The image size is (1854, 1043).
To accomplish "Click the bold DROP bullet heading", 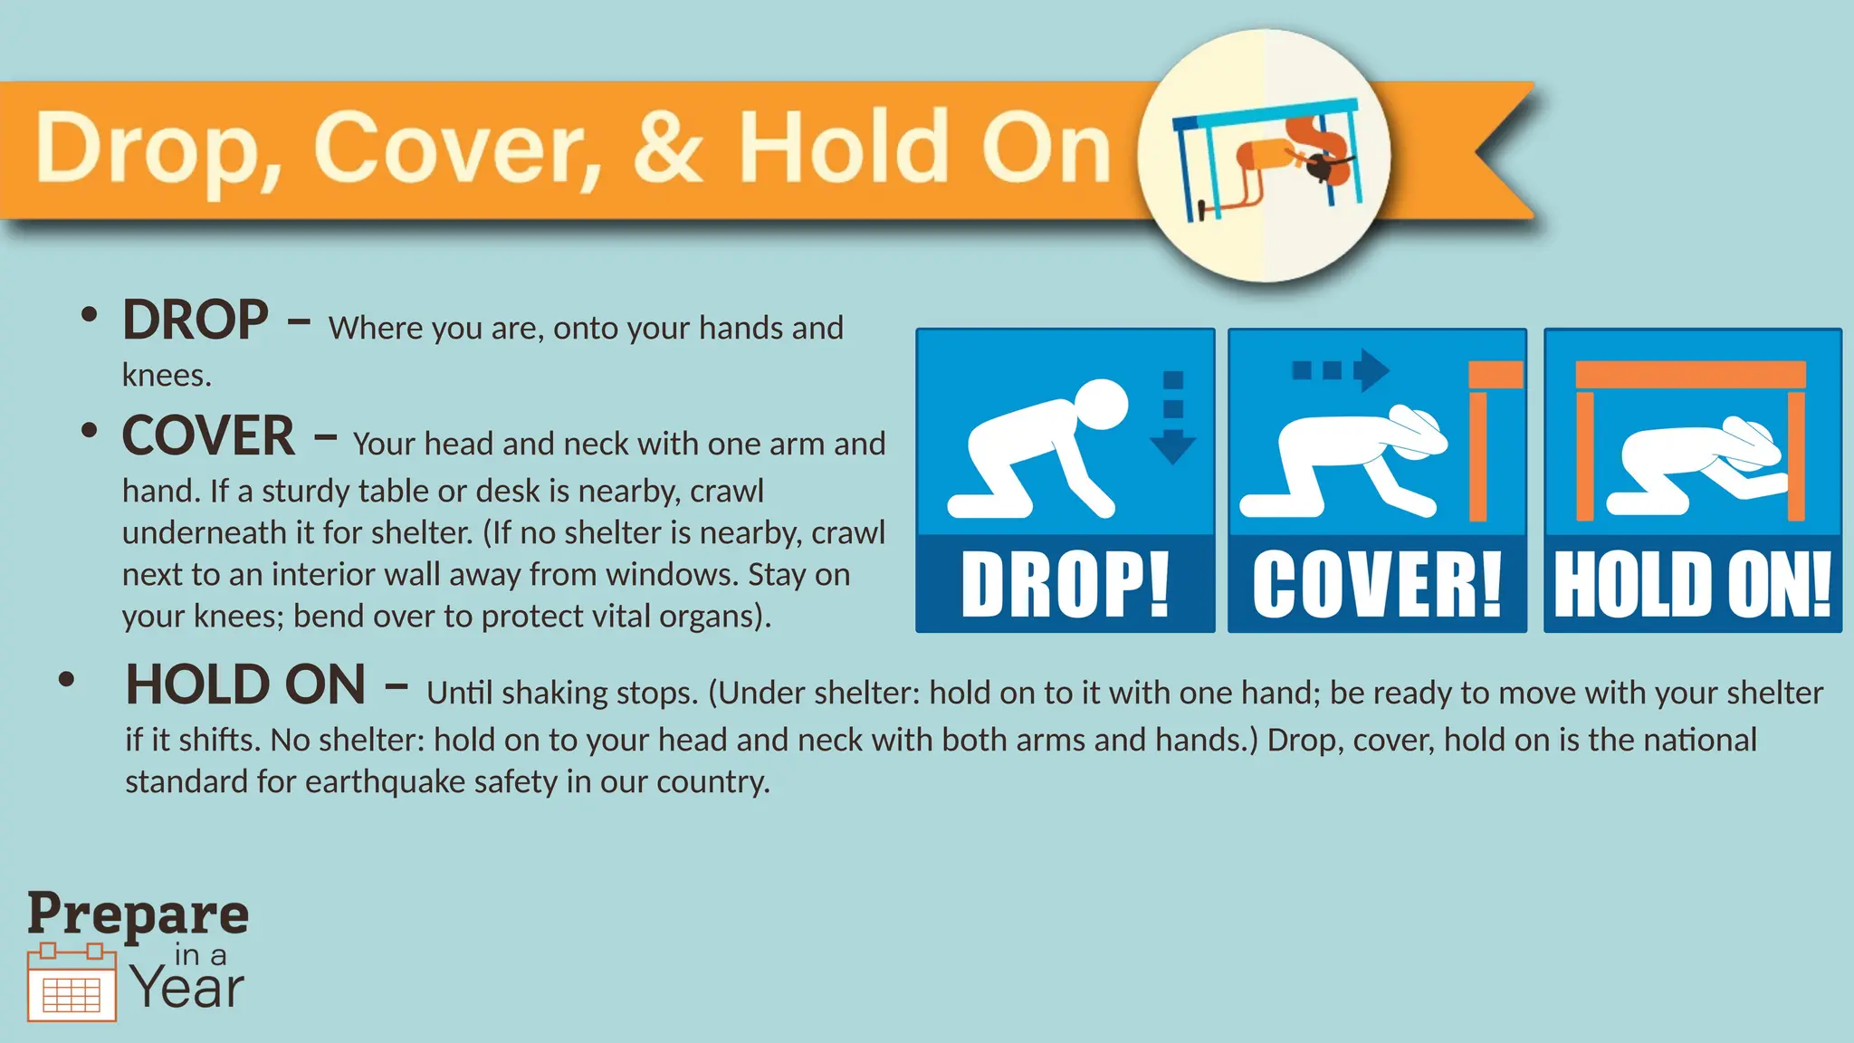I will [x=196, y=321].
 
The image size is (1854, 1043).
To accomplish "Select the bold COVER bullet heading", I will [x=208, y=436].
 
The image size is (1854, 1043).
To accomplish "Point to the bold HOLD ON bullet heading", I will [x=245, y=685].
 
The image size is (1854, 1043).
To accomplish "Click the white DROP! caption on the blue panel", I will [x=1065, y=586].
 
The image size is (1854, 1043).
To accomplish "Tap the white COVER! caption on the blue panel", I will [x=1376, y=586].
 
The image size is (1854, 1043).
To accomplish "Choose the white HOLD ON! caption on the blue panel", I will [x=1693, y=586].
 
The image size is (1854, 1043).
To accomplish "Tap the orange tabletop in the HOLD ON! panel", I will [x=1690, y=374].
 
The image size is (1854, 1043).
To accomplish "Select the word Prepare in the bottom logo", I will [x=138, y=914].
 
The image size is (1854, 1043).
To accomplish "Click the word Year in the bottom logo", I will [x=188, y=988].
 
